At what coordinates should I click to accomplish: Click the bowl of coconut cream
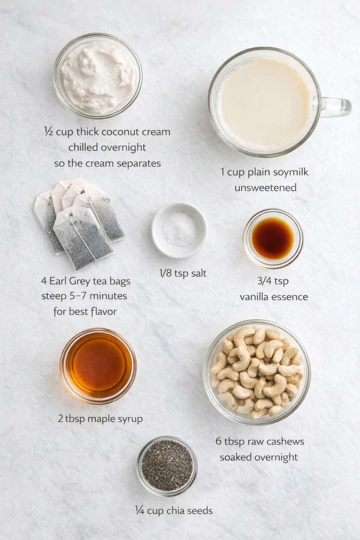tap(97, 76)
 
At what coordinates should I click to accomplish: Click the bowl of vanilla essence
tap(273, 238)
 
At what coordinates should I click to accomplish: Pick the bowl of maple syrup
tap(98, 366)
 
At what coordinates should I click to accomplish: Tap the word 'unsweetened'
tap(265, 188)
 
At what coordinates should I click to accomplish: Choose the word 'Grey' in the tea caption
tap(79, 281)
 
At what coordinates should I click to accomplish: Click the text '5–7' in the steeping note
tap(77, 296)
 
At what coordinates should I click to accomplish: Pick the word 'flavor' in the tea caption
tap(102, 311)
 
